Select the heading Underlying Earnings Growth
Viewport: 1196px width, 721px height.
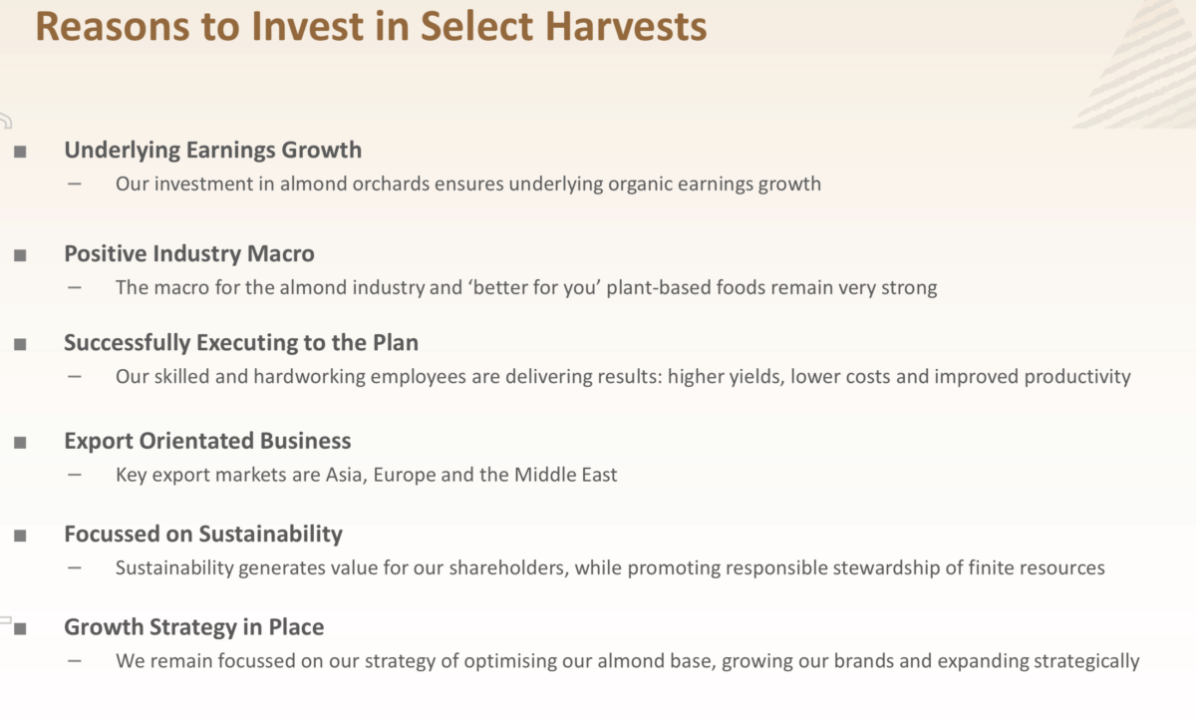click(x=212, y=151)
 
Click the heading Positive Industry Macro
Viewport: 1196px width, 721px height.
click(x=188, y=254)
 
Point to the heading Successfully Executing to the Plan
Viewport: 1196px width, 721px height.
click(x=241, y=343)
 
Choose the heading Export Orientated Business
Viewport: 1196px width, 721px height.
click(x=207, y=441)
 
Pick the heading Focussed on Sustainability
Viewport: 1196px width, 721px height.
click(x=203, y=535)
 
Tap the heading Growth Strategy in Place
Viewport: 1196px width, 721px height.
click(x=193, y=627)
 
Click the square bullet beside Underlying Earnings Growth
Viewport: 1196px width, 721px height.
click(x=20, y=152)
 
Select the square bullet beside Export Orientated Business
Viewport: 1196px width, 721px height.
click(x=20, y=442)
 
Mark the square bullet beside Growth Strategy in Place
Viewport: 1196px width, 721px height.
click(x=20, y=628)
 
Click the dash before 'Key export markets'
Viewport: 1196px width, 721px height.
click(x=75, y=475)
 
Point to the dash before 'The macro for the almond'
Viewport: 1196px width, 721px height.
click(x=75, y=287)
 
